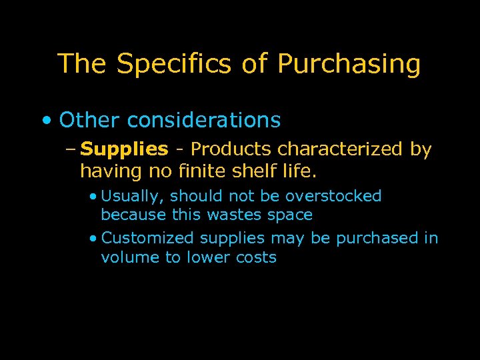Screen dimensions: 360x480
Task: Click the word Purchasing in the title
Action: click(x=349, y=65)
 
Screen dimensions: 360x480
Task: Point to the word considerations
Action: click(x=203, y=121)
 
